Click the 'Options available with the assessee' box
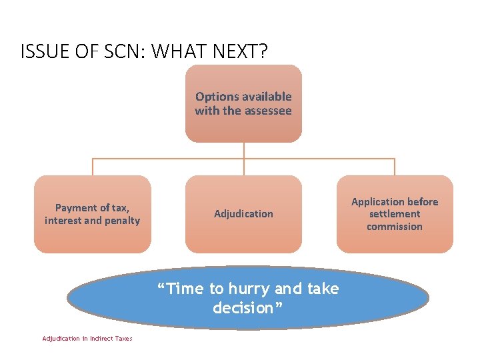(243, 103)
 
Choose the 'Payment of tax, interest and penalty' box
(93, 214)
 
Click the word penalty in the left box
(121, 221)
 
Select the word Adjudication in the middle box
(243, 214)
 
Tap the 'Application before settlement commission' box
(395, 214)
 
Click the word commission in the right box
(395, 227)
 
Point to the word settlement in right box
(395, 214)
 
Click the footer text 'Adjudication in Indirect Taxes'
(87, 339)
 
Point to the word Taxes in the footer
(123, 339)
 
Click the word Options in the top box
(216, 97)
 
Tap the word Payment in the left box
(76, 208)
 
